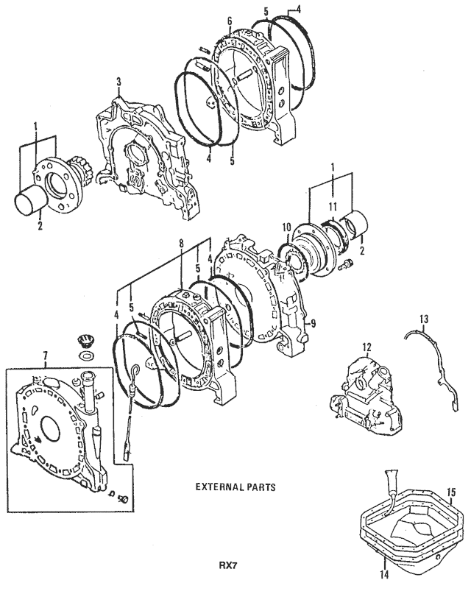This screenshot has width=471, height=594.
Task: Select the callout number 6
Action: pos(230,21)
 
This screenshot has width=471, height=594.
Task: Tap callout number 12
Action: pos(366,346)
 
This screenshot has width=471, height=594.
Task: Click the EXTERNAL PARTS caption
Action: pos(230,487)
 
